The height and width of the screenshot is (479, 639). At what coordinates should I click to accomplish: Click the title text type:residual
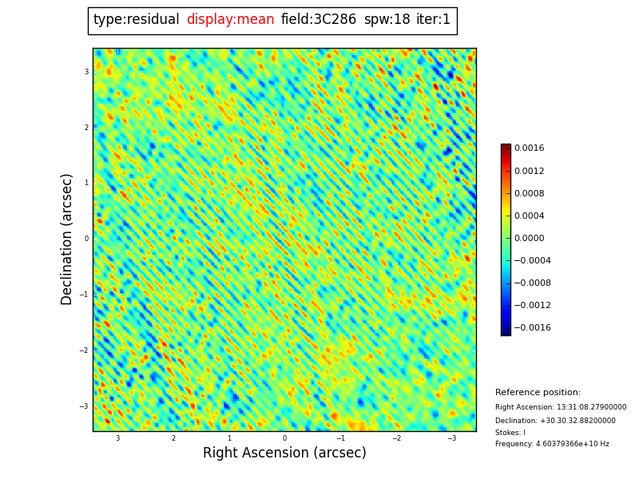pyautogui.click(x=136, y=20)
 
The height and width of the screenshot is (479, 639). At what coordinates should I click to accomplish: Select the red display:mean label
pyautogui.click(x=230, y=20)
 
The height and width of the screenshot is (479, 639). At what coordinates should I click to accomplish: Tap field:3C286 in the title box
pyautogui.click(x=319, y=20)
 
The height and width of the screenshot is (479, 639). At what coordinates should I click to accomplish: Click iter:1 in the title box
pyautogui.click(x=433, y=20)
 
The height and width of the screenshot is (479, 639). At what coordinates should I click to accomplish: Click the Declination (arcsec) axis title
pyautogui.click(x=67, y=239)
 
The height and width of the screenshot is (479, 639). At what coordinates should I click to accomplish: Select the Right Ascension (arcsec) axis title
pyautogui.click(x=284, y=453)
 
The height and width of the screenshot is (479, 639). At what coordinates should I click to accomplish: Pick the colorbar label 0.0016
pyautogui.click(x=529, y=148)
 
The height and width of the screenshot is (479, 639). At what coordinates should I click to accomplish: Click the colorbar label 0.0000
pyautogui.click(x=529, y=238)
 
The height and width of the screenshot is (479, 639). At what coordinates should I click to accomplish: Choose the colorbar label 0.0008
pyautogui.click(x=529, y=193)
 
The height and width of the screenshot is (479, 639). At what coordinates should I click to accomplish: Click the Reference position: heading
pyautogui.click(x=538, y=393)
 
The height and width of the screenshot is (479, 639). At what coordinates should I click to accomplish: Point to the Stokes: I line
pyautogui.click(x=510, y=433)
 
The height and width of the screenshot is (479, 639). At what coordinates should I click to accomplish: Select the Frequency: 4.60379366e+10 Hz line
pyautogui.click(x=552, y=444)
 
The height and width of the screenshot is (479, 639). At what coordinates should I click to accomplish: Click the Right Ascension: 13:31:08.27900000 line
pyautogui.click(x=561, y=407)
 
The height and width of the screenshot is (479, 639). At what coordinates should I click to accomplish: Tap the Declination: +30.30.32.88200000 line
pyautogui.click(x=555, y=421)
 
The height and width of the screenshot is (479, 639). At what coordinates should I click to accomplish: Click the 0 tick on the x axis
pyautogui.click(x=284, y=438)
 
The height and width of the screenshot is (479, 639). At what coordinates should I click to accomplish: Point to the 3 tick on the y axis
pyautogui.click(x=86, y=72)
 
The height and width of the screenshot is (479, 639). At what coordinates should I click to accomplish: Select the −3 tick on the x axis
pyautogui.click(x=451, y=438)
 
